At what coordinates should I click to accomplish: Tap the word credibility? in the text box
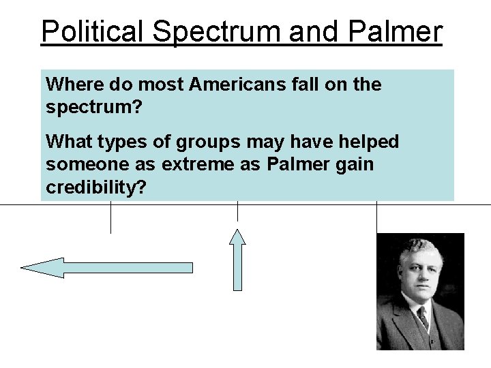tap(95, 188)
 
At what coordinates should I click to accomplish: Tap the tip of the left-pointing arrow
tap(23, 268)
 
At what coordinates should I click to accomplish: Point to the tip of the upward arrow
tap(237, 230)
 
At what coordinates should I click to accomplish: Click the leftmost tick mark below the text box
tap(110, 218)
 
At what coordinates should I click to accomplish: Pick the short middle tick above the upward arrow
tap(237, 212)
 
